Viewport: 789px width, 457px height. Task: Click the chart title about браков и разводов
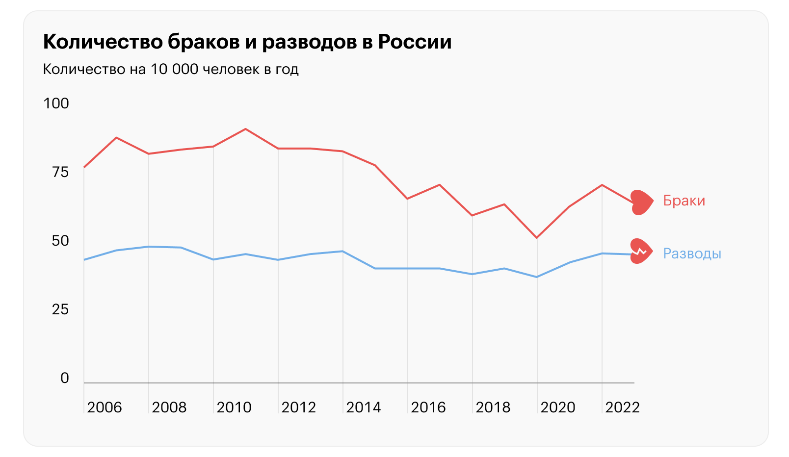(247, 42)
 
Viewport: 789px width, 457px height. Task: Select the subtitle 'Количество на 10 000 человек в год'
(171, 69)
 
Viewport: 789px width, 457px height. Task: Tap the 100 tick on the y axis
(56, 103)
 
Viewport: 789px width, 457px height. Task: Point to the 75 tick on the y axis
(60, 172)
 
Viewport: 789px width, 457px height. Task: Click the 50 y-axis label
(60, 241)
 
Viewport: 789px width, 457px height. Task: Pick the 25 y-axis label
(60, 309)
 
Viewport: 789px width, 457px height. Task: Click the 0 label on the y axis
(65, 378)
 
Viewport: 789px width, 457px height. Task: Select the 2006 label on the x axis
(104, 407)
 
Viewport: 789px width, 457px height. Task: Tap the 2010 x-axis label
(234, 407)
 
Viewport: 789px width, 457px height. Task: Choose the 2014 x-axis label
(363, 407)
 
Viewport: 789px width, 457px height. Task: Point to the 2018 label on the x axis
(493, 407)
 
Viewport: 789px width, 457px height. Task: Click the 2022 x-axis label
(622, 407)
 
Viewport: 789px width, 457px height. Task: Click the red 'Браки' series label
(684, 201)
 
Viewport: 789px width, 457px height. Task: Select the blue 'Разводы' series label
(692, 254)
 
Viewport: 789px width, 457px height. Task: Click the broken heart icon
(640, 251)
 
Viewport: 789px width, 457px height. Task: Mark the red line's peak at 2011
(246, 129)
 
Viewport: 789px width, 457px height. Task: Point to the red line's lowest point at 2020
(537, 238)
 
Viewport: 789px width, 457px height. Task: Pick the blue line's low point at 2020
(537, 277)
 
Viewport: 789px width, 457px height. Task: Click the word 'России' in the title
(415, 42)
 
